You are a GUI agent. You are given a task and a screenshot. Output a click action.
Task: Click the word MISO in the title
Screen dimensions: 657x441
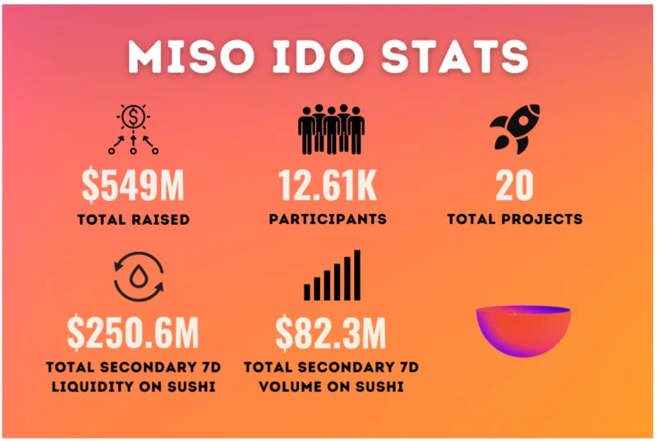pyautogui.click(x=191, y=57)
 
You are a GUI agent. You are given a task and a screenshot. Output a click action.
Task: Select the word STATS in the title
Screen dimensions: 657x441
pyautogui.click(x=455, y=57)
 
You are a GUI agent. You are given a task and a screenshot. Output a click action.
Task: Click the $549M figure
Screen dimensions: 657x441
pyautogui.click(x=133, y=185)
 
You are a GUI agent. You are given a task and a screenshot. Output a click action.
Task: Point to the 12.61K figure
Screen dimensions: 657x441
pyautogui.click(x=328, y=185)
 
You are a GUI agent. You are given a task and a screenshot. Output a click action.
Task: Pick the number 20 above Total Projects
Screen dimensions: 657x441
pyautogui.click(x=515, y=185)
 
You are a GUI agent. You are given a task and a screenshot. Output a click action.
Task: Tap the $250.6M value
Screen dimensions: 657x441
pyautogui.click(x=133, y=332)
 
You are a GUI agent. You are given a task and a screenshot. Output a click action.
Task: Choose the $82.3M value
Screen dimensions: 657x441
pyautogui.click(x=331, y=332)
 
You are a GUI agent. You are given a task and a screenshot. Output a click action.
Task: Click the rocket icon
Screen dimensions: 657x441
pyautogui.click(x=515, y=128)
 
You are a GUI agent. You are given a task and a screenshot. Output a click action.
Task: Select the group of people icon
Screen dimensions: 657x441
pyautogui.click(x=331, y=129)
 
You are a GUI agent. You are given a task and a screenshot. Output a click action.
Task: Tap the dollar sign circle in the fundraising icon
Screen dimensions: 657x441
pyautogui.click(x=133, y=117)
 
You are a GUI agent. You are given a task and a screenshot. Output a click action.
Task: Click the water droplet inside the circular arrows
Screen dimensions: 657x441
pyautogui.click(x=138, y=276)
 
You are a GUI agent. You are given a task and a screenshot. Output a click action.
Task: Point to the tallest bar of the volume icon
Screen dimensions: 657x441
pyautogui.click(x=357, y=275)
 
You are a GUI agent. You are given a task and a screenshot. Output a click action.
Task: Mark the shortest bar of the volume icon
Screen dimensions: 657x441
pyautogui.click(x=307, y=292)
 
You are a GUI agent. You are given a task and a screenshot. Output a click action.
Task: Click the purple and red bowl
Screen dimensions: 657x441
pyautogui.click(x=523, y=331)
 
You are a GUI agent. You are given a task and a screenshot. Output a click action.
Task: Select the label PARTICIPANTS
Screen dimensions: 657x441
pyautogui.click(x=328, y=219)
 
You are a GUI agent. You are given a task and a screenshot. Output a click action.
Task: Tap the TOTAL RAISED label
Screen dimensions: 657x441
pyautogui.click(x=133, y=220)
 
